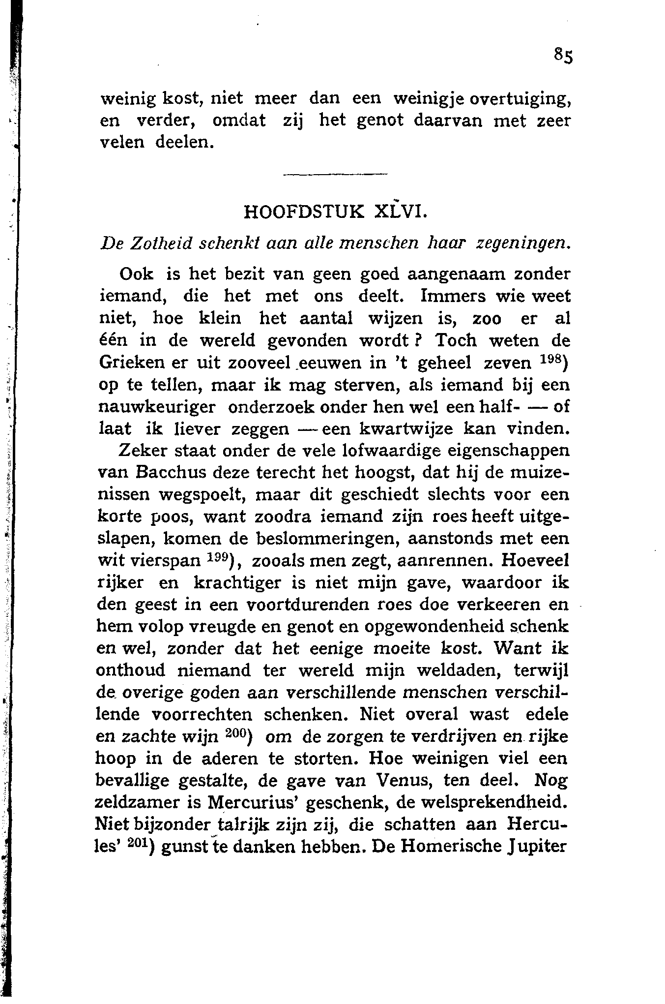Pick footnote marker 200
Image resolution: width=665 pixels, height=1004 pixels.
click(238, 733)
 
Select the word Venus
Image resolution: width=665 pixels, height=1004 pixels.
click(399, 780)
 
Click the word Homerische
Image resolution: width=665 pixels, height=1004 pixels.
click(460, 846)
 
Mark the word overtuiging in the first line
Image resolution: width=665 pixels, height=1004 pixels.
click(521, 99)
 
